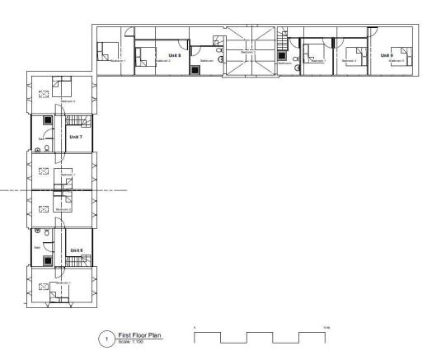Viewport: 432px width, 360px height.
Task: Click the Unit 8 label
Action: (174, 55)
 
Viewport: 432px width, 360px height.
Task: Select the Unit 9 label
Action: (386, 55)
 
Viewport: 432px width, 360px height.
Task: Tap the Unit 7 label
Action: (76, 136)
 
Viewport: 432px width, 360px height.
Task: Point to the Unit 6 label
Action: (76, 249)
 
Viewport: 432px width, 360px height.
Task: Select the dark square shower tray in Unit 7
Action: (48, 120)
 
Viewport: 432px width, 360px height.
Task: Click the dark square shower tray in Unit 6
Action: (48, 260)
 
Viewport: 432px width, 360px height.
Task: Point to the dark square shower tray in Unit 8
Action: (195, 70)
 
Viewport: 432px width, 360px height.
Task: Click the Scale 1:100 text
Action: (133, 342)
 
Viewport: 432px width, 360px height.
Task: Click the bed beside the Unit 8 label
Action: (145, 54)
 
